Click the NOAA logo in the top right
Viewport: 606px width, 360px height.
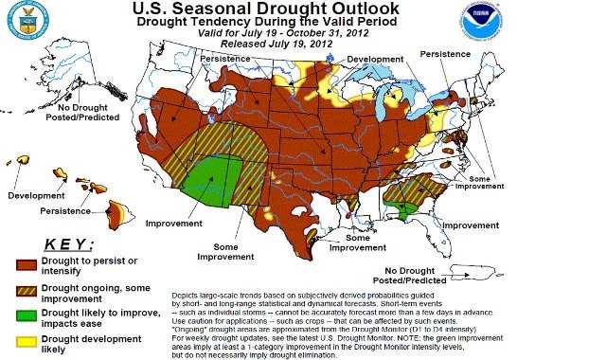[482, 22]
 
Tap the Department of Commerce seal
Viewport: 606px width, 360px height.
[28, 22]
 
